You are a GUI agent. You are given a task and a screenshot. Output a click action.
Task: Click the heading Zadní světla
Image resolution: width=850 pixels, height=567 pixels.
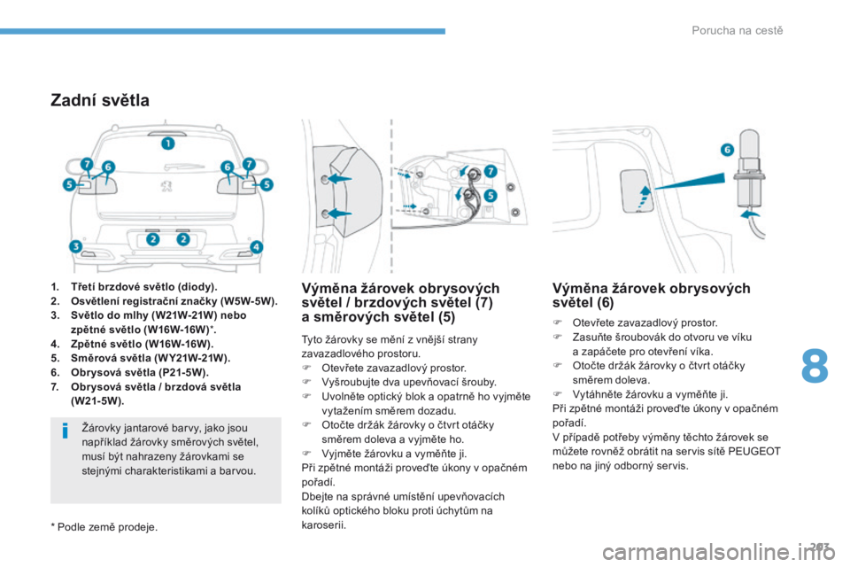pyautogui.click(x=100, y=100)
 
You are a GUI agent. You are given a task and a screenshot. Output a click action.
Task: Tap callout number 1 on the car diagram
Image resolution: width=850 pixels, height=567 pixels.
pyautogui.click(x=168, y=144)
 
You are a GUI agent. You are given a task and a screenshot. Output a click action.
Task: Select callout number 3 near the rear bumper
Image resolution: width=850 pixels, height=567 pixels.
pyautogui.click(x=76, y=246)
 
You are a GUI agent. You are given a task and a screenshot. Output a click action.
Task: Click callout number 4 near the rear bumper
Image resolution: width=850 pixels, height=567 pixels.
pyautogui.click(x=256, y=247)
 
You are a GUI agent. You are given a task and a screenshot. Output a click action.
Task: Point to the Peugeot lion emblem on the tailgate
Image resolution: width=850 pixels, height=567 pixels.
pyautogui.click(x=166, y=186)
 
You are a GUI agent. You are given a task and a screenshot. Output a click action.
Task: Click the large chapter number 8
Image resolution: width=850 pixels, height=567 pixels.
pyautogui.click(x=815, y=365)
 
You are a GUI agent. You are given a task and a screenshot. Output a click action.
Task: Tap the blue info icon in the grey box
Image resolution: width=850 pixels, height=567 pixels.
pyautogui.click(x=65, y=431)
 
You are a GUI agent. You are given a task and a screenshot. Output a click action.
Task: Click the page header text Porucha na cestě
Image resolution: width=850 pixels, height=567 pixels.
pyautogui.click(x=738, y=30)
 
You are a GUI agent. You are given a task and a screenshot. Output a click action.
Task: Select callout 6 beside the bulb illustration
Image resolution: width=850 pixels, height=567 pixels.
pyautogui.click(x=727, y=149)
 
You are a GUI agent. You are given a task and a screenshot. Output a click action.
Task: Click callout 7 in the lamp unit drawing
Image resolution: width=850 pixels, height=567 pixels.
pyautogui.click(x=490, y=172)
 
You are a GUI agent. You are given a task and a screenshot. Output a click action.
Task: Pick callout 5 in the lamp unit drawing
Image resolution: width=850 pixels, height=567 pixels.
pyautogui.click(x=490, y=195)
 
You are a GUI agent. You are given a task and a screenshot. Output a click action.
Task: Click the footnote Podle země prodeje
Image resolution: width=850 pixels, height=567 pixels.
pyautogui.click(x=104, y=527)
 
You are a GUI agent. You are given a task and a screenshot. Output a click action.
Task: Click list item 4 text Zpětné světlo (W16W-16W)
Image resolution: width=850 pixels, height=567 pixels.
pyautogui.click(x=142, y=344)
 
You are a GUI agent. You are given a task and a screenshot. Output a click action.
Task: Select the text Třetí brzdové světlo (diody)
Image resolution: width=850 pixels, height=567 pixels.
pyautogui.click(x=143, y=287)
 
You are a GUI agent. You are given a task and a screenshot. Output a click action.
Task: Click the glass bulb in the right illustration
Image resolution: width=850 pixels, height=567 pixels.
pyautogui.click(x=749, y=143)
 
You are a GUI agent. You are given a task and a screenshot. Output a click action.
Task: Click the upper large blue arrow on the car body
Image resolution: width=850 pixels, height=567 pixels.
pyautogui.click(x=340, y=178)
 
